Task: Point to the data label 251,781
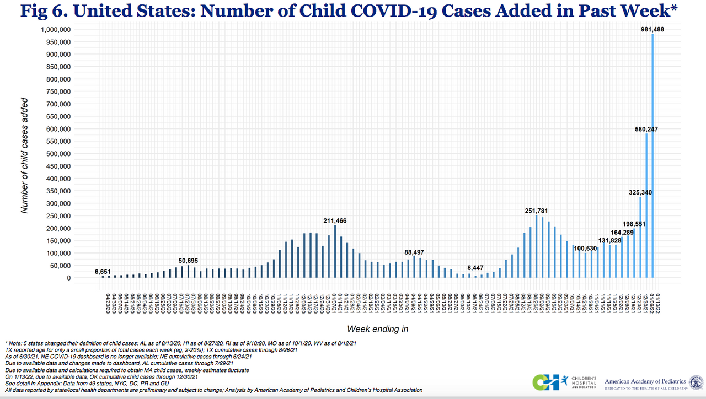point(537,211)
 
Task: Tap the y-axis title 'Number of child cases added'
point(24,155)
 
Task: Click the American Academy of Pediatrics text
point(645,381)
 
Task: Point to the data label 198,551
point(630,224)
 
